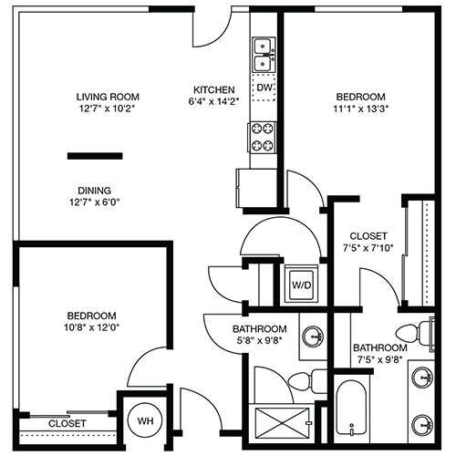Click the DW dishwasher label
pos(264,88)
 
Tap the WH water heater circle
pos(145,420)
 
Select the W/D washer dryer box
pos(301,285)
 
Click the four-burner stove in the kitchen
pos(263,137)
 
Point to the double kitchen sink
pos(264,56)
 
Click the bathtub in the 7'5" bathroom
pos(351,408)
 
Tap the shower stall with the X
pos(282,423)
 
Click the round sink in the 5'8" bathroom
pos(314,337)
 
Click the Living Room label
pos(108,97)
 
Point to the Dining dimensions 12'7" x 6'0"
pos(95,202)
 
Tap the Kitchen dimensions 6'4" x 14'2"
pos(213,101)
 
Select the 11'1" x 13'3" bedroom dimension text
pos(361,109)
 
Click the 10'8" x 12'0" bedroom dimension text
pos(91,327)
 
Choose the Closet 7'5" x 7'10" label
pos(368,242)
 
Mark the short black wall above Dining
pos(95,156)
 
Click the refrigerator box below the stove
pos(256,188)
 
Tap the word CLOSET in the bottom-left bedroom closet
pos(67,423)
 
